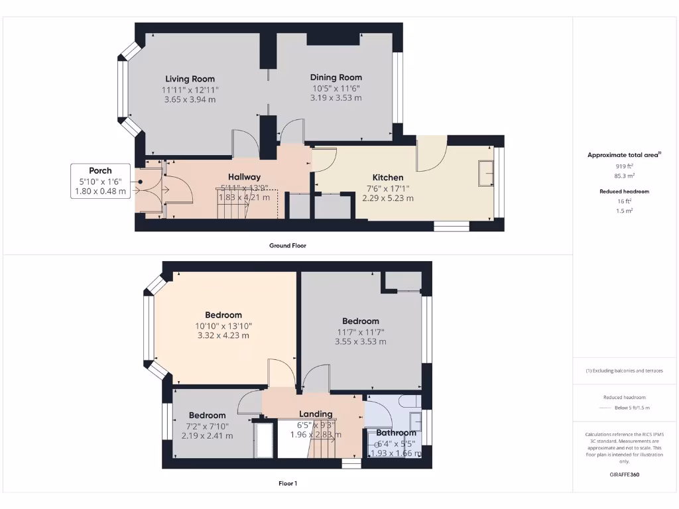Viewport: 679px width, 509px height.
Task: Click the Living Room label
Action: [x=190, y=79]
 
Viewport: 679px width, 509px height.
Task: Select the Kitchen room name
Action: [x=387, y=178]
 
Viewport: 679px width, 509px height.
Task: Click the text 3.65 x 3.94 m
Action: [x=190, y=99]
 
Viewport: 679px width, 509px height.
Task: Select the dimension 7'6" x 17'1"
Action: [x=387, y=188]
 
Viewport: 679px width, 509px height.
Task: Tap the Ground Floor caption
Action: [x=287, y=245]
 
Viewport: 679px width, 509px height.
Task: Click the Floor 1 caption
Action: [x=287, y=483]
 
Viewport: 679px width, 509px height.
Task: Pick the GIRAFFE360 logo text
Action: [x=625, y=475]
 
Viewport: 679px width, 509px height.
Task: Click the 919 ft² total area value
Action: [x=625, y=166]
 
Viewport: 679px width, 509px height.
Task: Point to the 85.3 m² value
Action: [x=625, y=176]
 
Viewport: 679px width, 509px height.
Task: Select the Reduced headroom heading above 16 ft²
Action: [x=625, y=192]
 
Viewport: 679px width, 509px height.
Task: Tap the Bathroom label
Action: [x=396, y=433]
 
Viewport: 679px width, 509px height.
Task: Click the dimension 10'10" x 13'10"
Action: [x=223, y=325]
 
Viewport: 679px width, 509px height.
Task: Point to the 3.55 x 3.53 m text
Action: [x=360, y=342]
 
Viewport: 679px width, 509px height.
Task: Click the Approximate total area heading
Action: [x=623, y=154]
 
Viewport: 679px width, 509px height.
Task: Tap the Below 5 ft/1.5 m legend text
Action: [x=633, y=408]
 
